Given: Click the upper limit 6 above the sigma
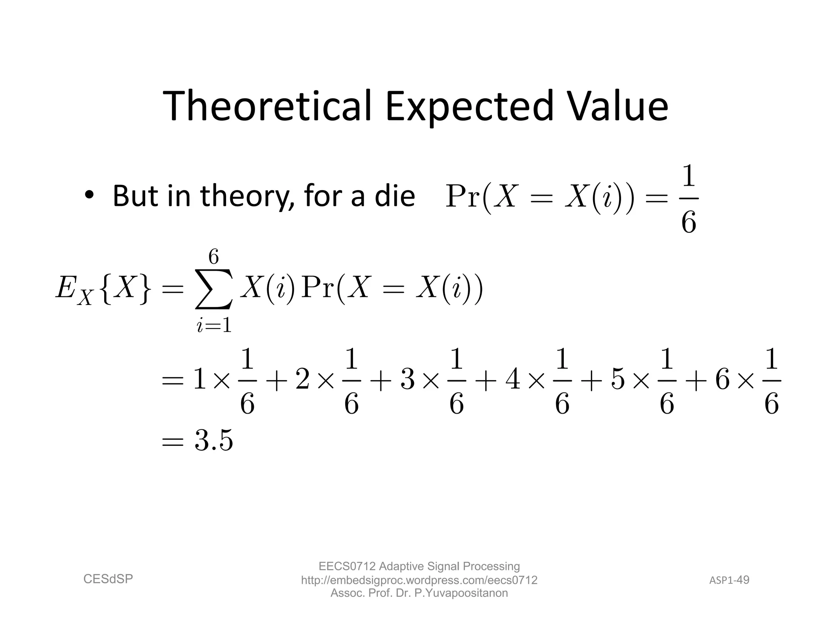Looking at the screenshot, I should point(214,257).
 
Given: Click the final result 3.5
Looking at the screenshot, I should point(214,440).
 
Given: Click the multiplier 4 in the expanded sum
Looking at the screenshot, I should point(513,380).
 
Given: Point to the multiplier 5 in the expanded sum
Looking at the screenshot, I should point(618,380).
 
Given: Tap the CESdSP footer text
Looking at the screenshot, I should point(108,579).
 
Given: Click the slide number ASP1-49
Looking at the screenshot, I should point(729,580).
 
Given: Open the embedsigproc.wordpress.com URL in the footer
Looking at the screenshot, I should point(419,580).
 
